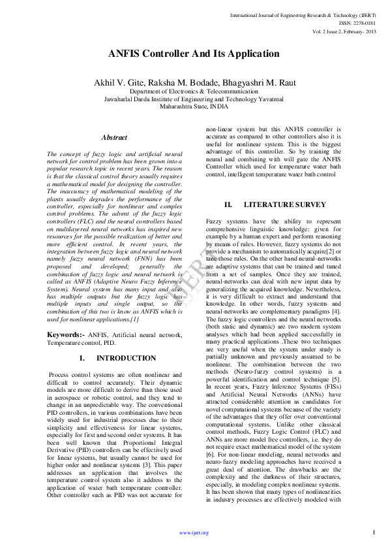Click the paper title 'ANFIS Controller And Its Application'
194,54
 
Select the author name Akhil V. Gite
119,82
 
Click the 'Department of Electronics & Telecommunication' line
194,91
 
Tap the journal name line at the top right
303,14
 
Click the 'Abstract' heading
114,138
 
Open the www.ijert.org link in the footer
194,532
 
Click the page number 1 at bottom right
374,532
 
